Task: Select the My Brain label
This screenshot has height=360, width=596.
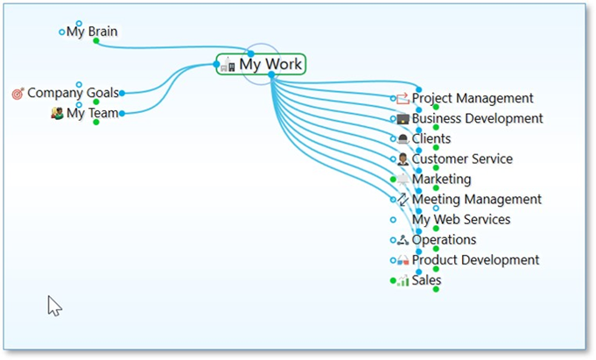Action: click(92, 32)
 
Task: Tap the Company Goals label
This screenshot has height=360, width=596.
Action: click(73, 93)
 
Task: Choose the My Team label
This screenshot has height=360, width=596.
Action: click(92, 113)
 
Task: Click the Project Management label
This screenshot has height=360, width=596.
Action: click(473, 99)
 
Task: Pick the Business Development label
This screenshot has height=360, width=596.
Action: click(477, 119)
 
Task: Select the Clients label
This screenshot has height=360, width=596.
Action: click(431, 139)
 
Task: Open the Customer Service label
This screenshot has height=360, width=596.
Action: click(462, 159)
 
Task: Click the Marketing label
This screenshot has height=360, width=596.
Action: click(442, 180)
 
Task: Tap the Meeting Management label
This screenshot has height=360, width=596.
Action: click(477, 200)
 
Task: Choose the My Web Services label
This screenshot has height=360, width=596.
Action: click(461, 220)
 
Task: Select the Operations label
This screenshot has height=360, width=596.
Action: click(445, 240)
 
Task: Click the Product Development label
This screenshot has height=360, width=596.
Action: click(475, 260)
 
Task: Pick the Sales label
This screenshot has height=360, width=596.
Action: click(427, 280)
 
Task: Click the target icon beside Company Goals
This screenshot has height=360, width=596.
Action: click(18, 93)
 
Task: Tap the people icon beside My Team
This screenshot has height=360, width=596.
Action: click(58, 113)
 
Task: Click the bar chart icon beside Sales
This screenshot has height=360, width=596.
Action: click(403, 281)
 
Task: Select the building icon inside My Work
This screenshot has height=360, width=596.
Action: click(229, 66)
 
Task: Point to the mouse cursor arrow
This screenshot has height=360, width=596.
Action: click(53, 304)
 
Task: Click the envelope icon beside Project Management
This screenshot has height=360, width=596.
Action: click(403, 99)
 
